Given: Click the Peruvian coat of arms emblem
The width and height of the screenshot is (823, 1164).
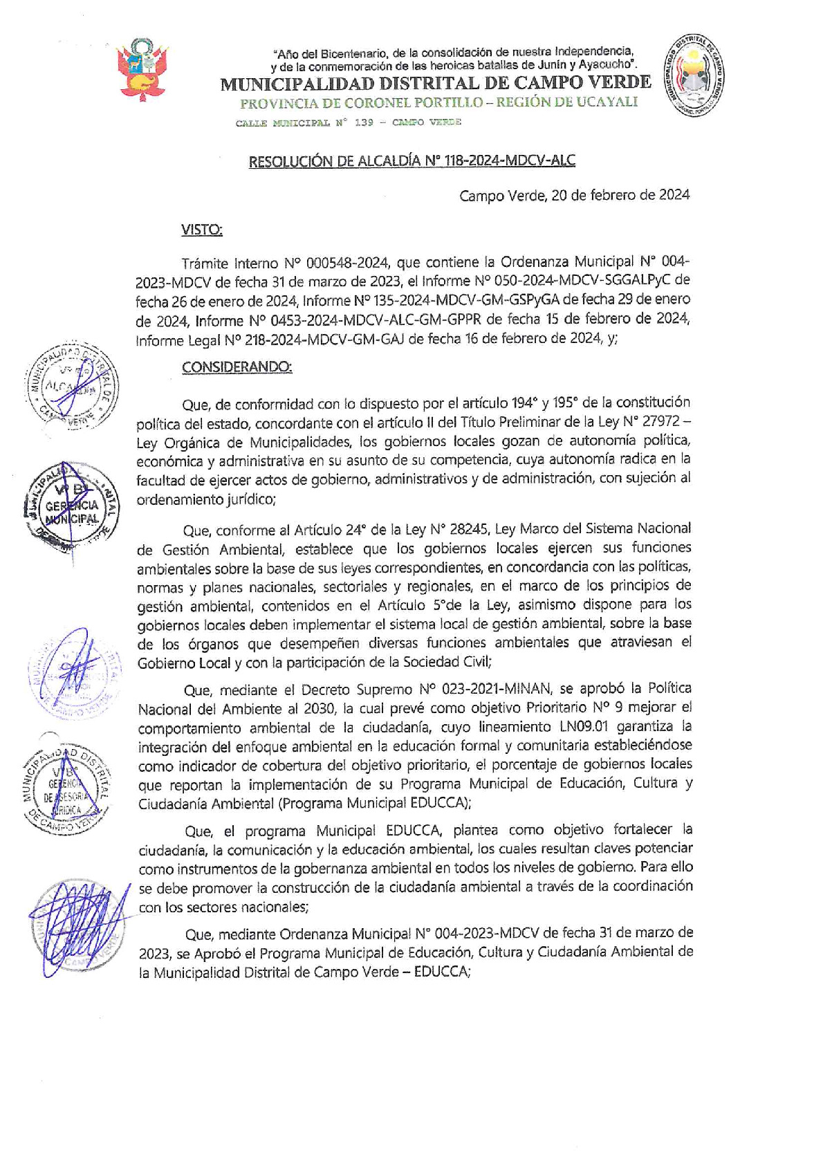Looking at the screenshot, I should coord(143,70).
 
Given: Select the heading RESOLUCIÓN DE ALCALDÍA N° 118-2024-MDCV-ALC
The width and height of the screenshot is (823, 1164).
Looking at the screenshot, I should coord(411,161).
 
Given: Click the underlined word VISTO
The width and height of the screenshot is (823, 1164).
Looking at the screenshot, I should coord(201,230).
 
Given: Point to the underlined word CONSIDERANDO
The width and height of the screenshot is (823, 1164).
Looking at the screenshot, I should coord(237,367).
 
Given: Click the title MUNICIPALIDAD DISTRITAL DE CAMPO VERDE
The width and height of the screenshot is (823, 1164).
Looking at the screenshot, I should coord(435,84).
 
